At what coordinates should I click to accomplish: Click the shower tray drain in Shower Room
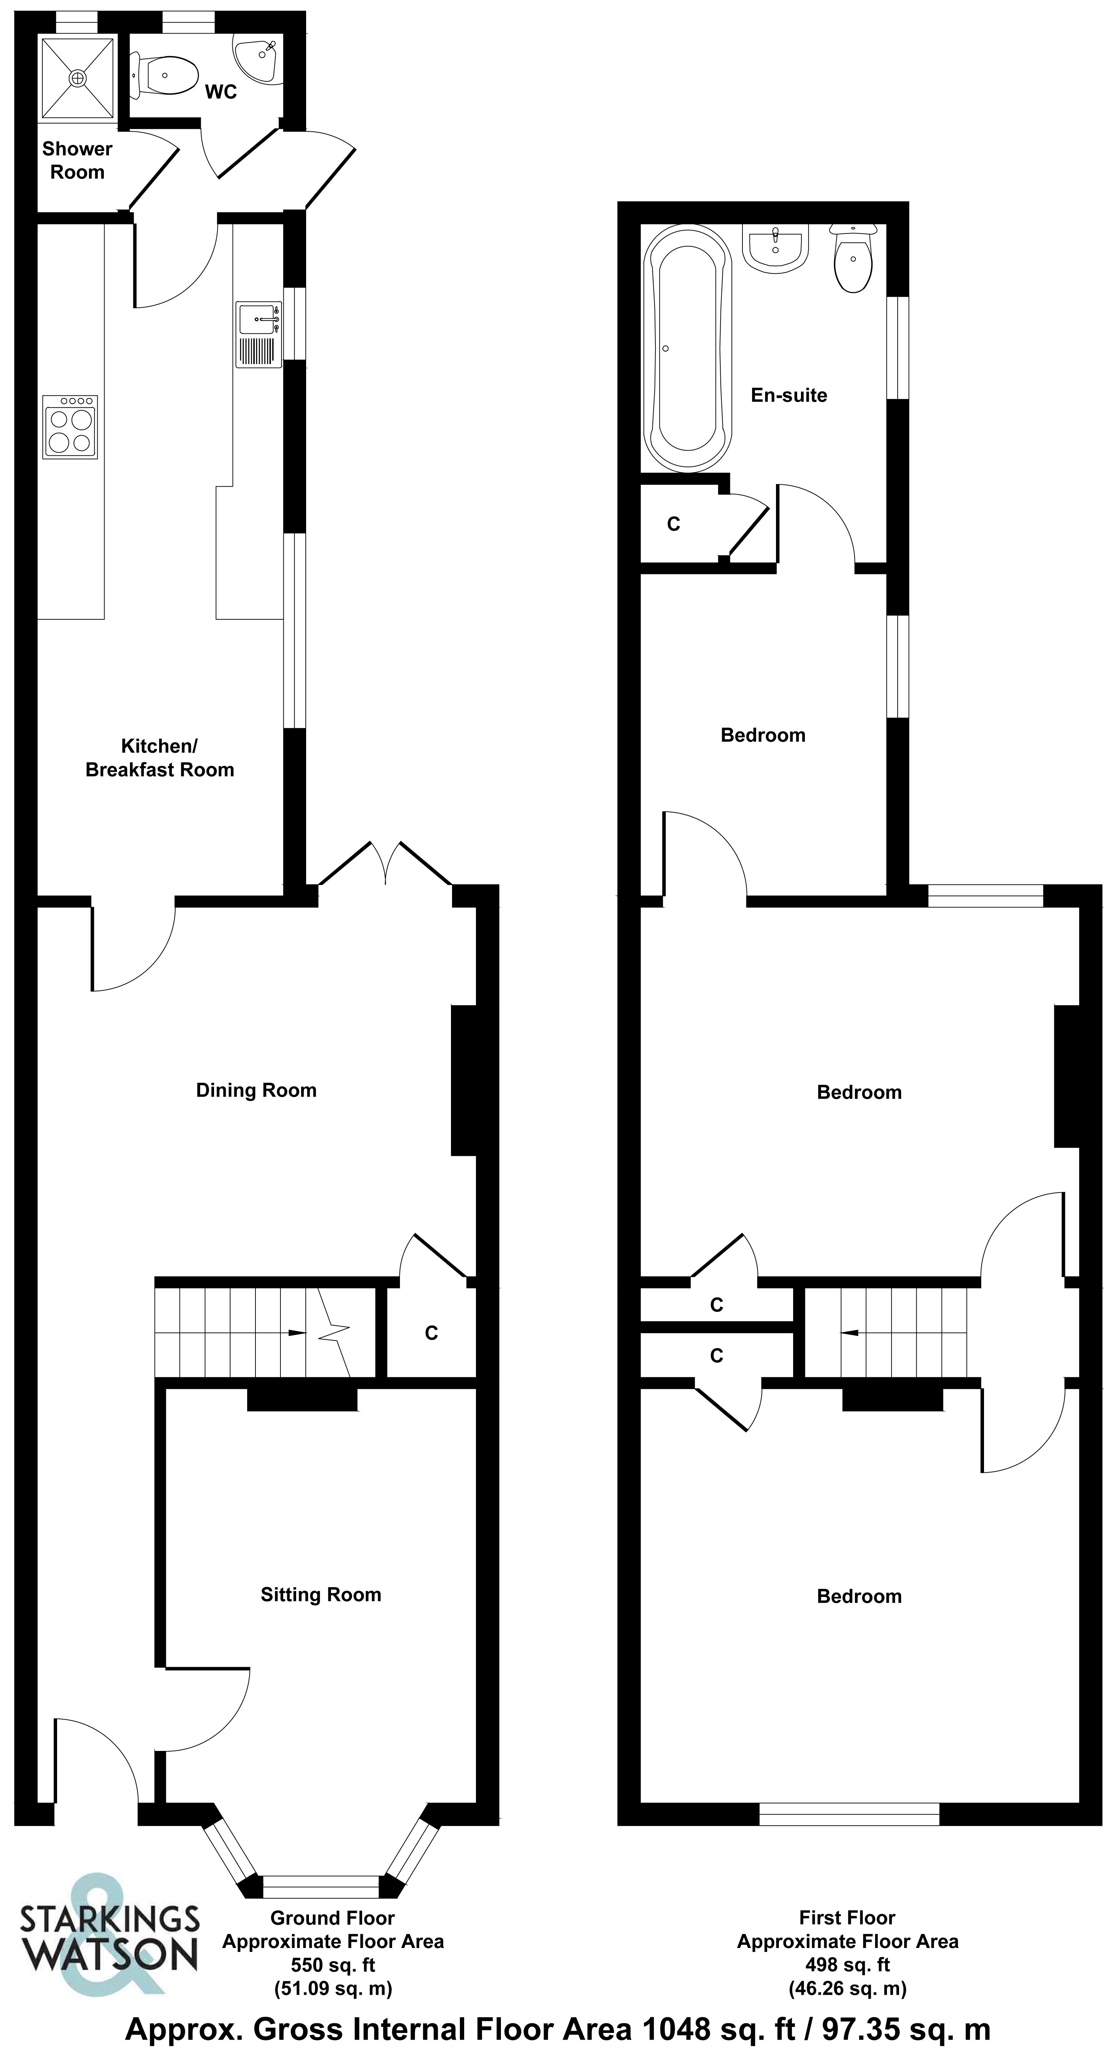coord(77,77)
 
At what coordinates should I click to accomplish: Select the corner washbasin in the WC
coord(260,56)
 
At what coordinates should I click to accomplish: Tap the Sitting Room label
coord(320,1595)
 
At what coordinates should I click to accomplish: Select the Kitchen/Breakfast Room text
coord(160,758)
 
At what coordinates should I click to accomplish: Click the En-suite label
coord(788,395)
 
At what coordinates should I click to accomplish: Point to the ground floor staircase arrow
coord(295,1333)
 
